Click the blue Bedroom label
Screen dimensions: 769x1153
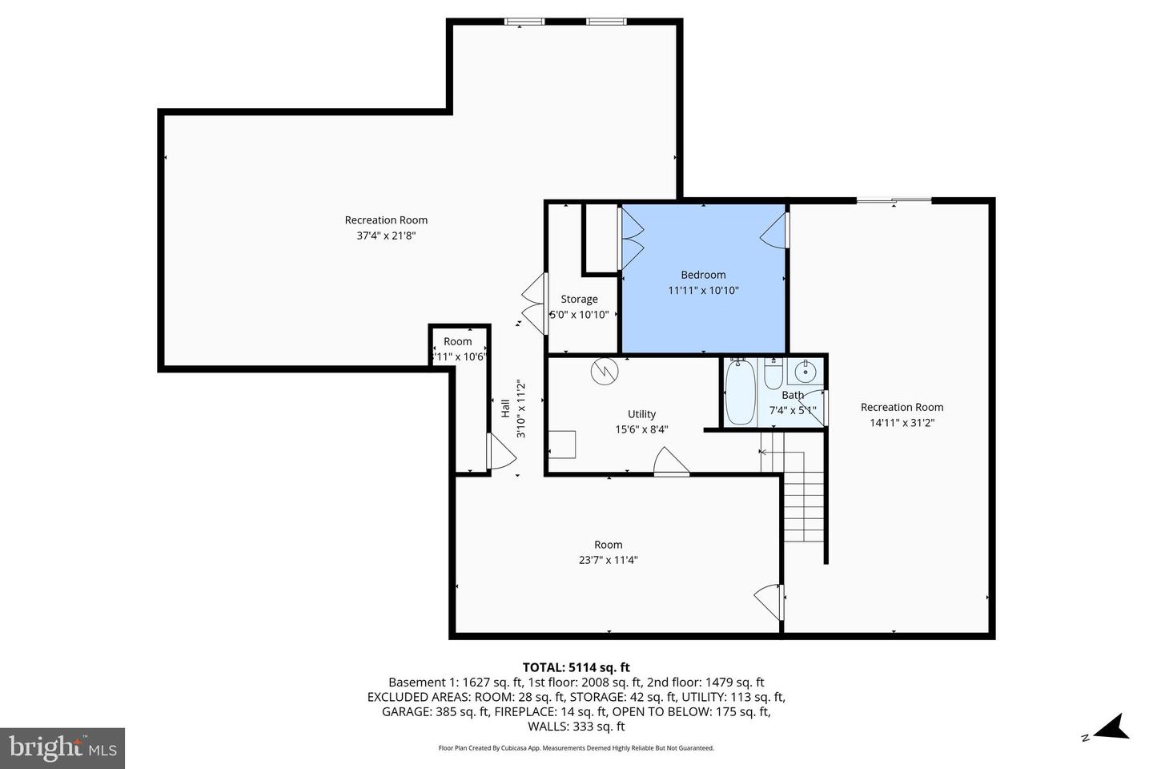[703, 275]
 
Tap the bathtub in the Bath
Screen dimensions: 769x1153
[740, 393]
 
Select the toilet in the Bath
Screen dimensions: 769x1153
[773, 374]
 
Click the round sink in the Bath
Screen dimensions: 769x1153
[805, 372]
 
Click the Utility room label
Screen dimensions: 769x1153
[641, 414]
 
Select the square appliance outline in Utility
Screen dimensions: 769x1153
[562, 444]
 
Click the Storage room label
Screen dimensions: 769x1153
[579, 299]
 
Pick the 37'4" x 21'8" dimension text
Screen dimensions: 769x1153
[386, 236]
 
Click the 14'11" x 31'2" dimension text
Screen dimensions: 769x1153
[902, 422]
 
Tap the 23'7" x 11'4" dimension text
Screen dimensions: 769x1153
[608, 560]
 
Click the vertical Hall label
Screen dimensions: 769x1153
[505, 409]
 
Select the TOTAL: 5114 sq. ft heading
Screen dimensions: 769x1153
[576, 666]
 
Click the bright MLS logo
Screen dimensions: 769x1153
[62, 748]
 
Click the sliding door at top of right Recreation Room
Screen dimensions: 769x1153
[894, 200]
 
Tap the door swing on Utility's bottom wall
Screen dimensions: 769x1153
[671, 463]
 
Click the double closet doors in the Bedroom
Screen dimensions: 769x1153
[631, 238]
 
